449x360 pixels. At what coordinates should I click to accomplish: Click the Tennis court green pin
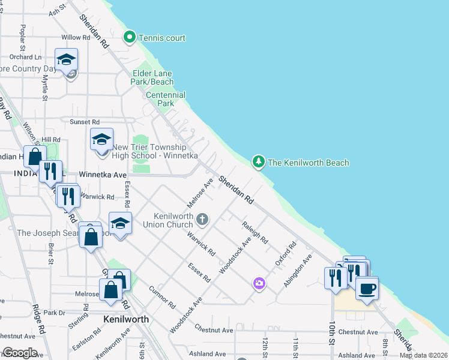click(x=129, y=38)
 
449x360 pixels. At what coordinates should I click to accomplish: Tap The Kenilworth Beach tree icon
click(x=259, y=161)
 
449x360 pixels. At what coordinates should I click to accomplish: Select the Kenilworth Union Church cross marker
click(x=202, y=220)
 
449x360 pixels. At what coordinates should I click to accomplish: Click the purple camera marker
click(x=259, y=283)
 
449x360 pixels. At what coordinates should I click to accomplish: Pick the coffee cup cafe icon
click(x=367, y=288)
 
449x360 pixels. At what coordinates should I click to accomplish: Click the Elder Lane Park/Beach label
click(x=153, y=77)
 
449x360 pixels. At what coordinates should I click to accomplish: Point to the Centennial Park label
click(x=166, y=99)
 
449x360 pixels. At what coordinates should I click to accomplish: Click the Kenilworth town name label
click(x=126, y=319)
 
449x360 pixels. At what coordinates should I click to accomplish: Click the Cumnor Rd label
click(x=163, y=296)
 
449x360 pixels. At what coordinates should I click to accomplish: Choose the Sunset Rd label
click(x=84, y=121)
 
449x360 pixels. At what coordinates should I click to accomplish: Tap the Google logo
click(x=20, y=353)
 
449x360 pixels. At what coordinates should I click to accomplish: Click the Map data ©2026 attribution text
click(x=423, y=355)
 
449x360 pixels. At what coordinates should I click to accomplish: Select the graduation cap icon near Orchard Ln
click(x=67, y=59)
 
